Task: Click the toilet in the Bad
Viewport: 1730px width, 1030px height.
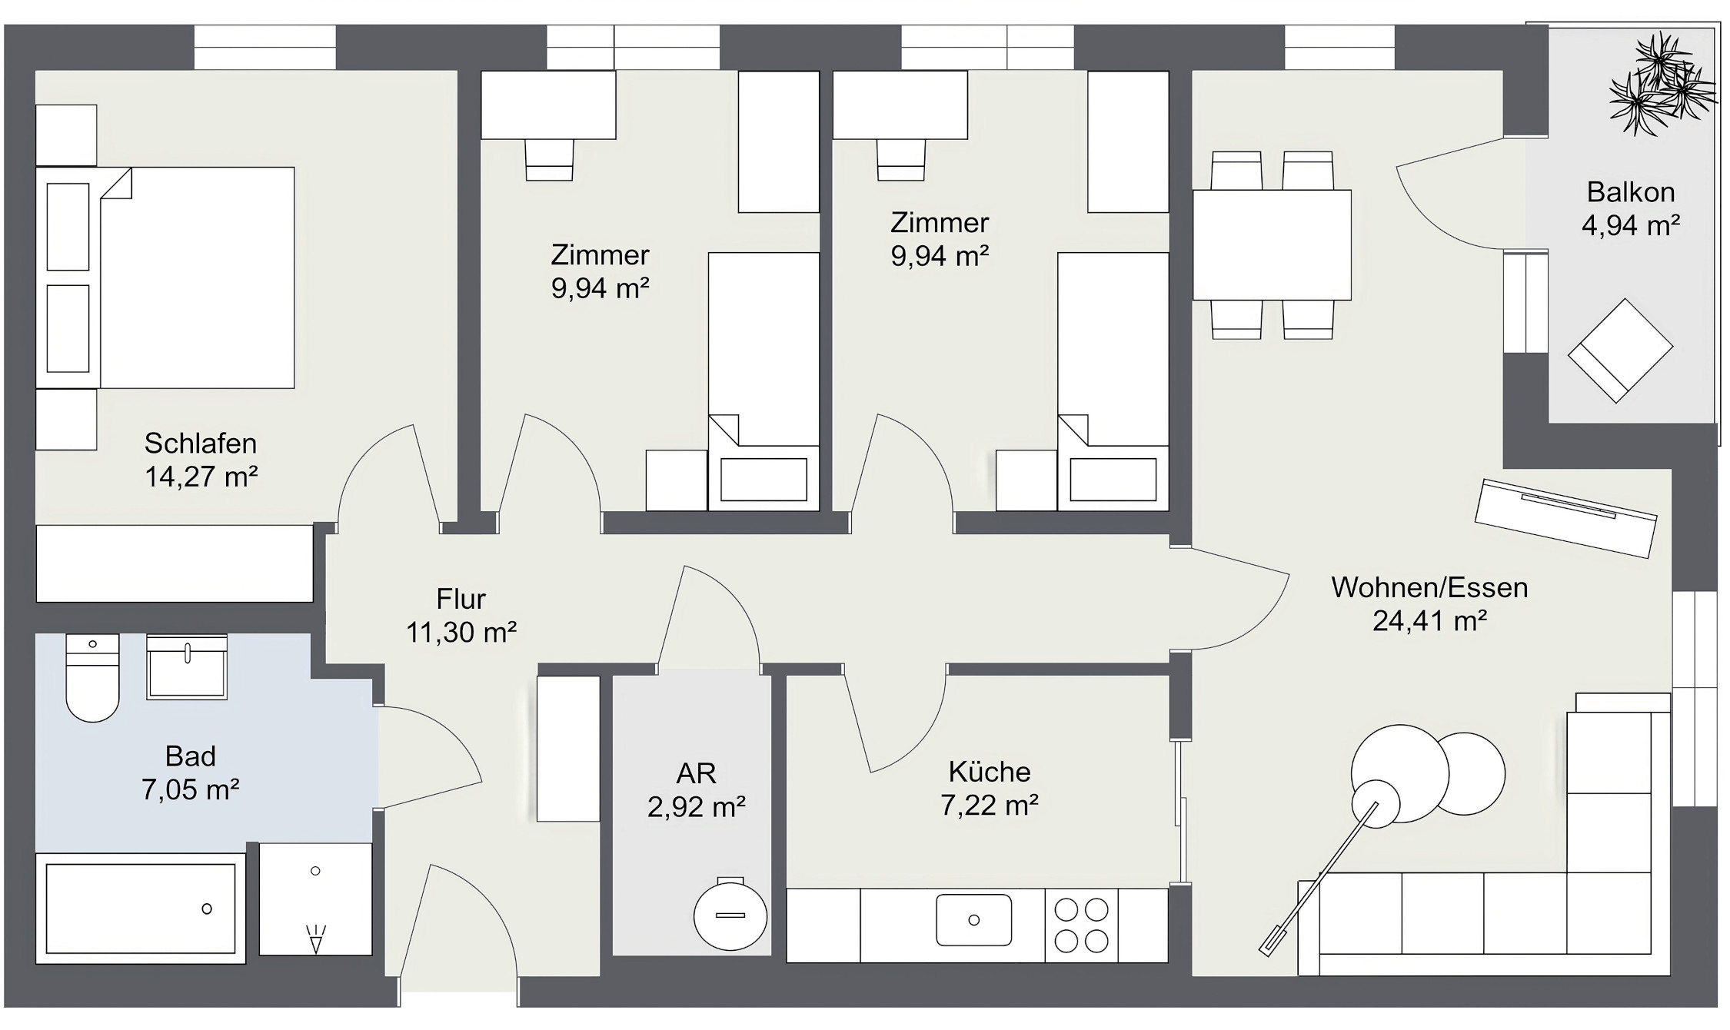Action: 92,680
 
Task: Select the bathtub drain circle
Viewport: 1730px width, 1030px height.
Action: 207,909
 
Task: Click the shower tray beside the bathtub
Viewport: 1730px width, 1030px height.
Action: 315,899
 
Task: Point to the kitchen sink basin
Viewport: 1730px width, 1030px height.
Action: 973,919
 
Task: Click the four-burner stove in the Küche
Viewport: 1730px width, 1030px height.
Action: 1081,925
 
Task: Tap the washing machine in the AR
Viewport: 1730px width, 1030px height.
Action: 730,915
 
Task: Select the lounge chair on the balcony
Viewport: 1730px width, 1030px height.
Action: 1620,351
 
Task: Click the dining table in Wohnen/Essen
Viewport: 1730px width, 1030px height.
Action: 1272,244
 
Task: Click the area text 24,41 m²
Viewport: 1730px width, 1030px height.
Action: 1429,621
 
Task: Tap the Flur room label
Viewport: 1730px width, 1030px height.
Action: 461,599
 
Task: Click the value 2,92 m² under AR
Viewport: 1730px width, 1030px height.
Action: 696,807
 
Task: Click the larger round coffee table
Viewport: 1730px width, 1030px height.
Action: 1400,772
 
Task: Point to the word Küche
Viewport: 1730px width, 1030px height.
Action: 989,772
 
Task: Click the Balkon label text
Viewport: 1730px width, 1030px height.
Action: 1630,192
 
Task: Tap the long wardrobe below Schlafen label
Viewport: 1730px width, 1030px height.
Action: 175,563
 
